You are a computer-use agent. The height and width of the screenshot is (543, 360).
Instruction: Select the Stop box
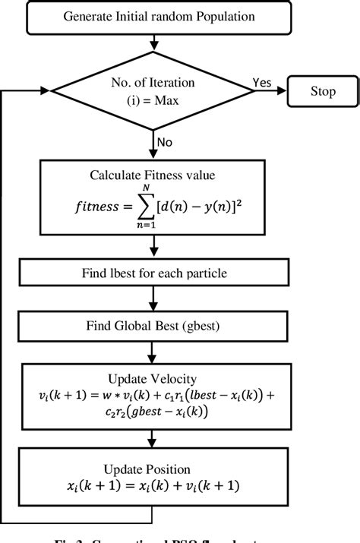[x=322, y=92]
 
